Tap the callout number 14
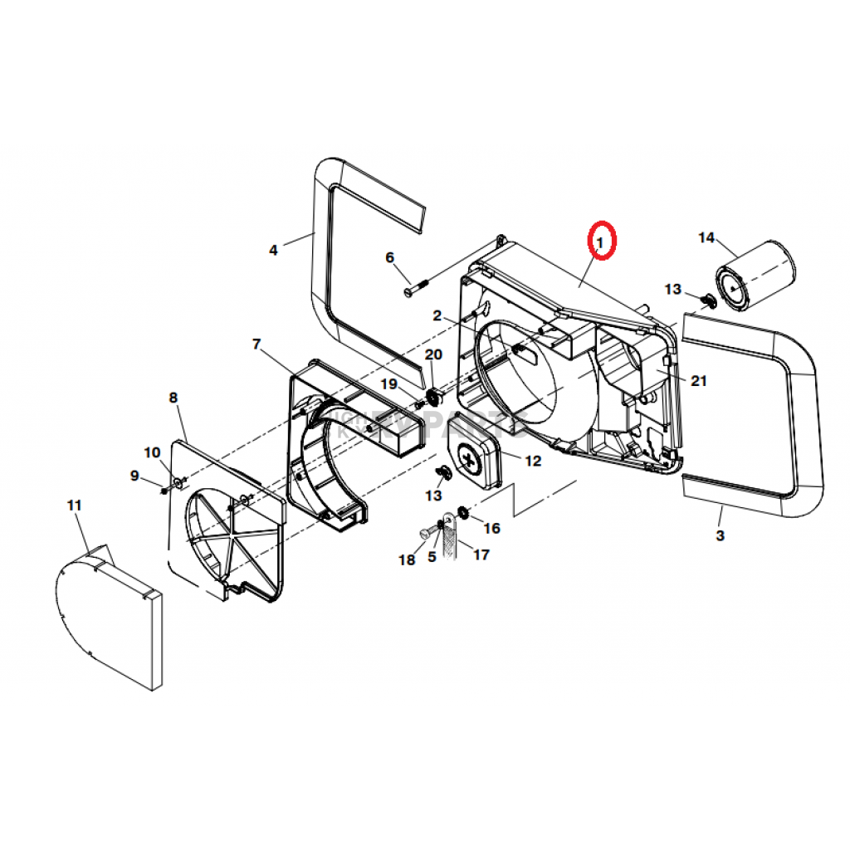click(x=706, y=238)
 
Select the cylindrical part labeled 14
click(x=756, y=275)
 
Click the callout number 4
click(x=273, y=249)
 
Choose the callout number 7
click(x=256, y=344)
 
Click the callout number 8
click(x=173, y=398)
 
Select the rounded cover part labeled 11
click(x=108, y=614)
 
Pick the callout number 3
click(x=720, y=536)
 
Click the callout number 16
click(x=491, y=528)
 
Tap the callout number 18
click(x=406, y=560)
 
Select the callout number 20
click(x=433, y=354)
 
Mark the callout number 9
click(x=134, y=476)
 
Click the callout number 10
click(x=152, y=452)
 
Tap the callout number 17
click(x=481, y=554)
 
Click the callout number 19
click(x=389, y=383)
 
